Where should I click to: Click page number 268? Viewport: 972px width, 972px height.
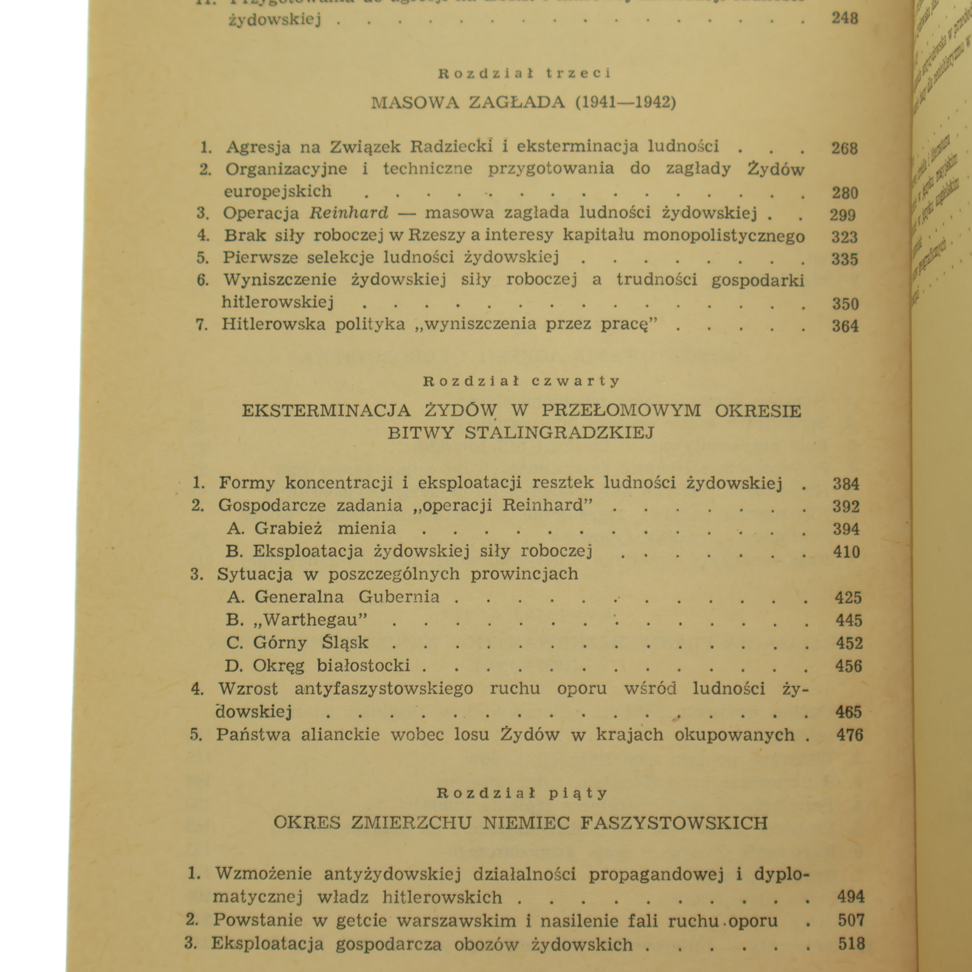(x=844, y=148)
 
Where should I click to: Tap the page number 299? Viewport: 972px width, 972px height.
(x=843, y=215)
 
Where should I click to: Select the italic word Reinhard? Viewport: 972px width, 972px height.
(x=349, y=213)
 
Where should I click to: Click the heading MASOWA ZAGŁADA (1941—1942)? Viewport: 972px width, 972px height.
(x=523, y=102)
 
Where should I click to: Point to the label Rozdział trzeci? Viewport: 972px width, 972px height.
(x=524, y=74)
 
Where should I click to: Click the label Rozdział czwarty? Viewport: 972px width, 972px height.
(x=522, y=382)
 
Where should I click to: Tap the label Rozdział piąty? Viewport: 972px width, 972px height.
(x=522, y=793)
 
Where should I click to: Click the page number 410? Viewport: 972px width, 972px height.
(x=846, y=552)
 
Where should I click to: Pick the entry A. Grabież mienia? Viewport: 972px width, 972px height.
(x=312, y=529)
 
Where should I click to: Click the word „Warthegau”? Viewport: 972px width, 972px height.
(x=310, y=620)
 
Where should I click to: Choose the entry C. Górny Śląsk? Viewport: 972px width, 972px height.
(x=297, y=643)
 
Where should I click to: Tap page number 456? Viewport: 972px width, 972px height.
(x=848, y=666)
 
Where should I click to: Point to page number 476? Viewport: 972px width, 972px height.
(x=849, y=735)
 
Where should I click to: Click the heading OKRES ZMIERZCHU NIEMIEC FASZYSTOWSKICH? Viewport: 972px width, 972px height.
(x=521, y=823)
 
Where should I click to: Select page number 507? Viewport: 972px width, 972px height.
(x=850, y=921)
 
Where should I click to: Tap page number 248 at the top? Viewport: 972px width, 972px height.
(x=844, y=18)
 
